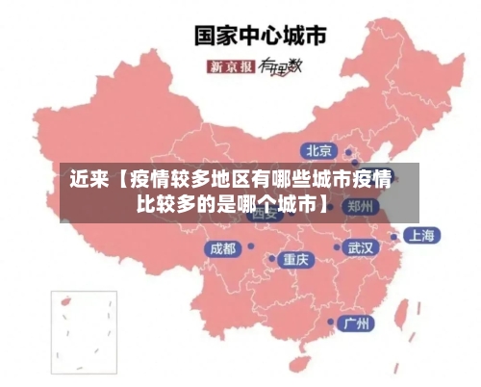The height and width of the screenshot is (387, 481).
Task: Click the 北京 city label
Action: point(318,150)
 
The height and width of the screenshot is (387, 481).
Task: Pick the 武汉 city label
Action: point(361,247)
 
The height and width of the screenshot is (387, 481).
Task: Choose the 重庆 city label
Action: point(295,259)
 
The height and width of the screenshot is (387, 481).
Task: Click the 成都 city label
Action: point(221,248)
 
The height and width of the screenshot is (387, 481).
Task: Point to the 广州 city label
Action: point(358,322)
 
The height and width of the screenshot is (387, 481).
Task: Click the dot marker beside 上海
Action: point(394,236)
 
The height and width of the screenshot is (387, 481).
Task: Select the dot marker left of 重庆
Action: point(272,259)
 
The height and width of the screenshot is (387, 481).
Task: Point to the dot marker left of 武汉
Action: point(338,247)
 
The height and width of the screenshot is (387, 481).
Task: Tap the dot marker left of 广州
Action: point(331,322)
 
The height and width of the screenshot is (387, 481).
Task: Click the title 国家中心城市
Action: point(260,36)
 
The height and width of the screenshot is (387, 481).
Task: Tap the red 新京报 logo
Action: point(231,66)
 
